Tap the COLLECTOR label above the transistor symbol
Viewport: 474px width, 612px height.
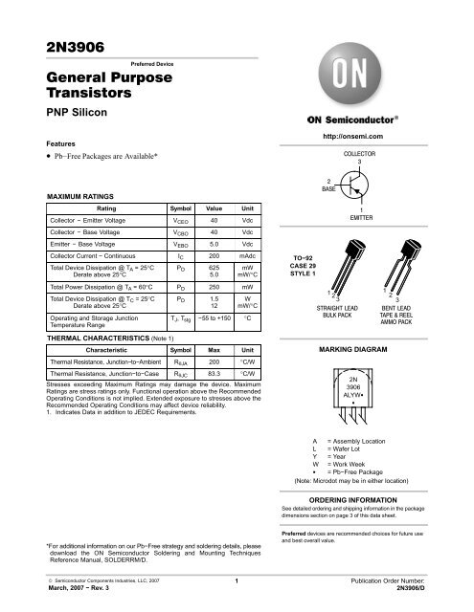[x=360, y=153]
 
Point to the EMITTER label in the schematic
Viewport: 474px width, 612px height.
[x=360, y=217]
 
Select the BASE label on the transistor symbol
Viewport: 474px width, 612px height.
[x=328, y=188]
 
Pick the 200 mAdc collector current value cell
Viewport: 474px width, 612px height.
[x=214, y=256]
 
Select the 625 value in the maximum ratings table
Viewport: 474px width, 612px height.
[x=214, y=269]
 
